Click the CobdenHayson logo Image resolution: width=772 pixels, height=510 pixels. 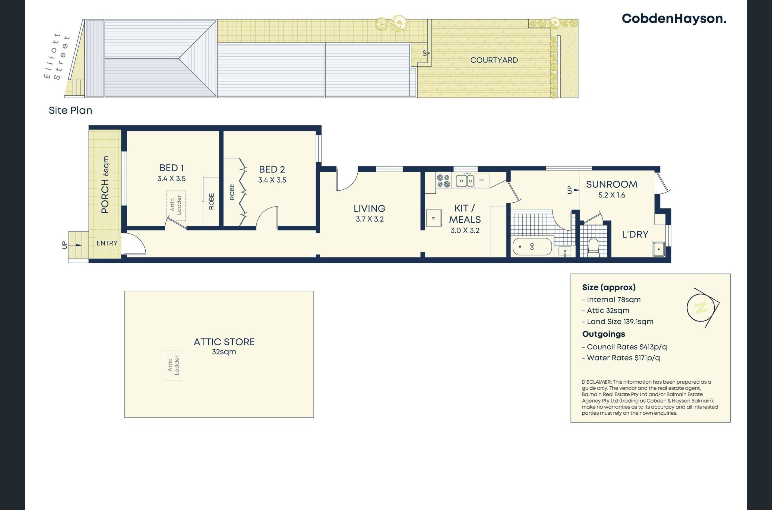point(674,19)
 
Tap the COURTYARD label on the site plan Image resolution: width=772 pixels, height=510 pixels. point(494,60)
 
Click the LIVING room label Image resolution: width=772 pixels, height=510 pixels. point(369,208)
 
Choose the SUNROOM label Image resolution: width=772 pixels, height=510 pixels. point(612,184)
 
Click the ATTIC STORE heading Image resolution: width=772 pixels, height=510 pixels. point(224,342)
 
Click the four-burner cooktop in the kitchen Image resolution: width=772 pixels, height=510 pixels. point(443,181)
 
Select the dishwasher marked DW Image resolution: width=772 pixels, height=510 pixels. point(482,180)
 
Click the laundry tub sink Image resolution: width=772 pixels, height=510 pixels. point(659,249)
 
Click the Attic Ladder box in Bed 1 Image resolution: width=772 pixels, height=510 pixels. point(176,206)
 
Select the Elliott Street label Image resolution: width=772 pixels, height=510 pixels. point(57,56)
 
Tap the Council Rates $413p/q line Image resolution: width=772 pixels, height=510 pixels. point(624,347)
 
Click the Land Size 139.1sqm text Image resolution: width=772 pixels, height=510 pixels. point(618,322)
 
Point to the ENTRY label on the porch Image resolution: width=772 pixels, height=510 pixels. point(107,243)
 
